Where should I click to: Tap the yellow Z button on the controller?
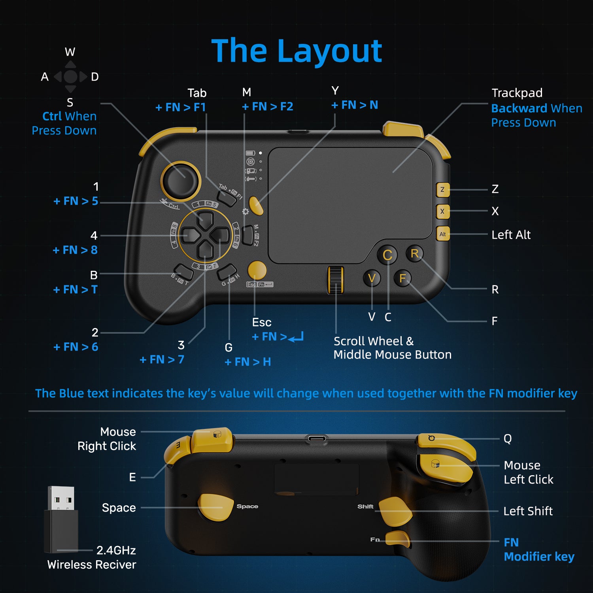[442, 190]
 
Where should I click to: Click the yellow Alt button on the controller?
[442, 234]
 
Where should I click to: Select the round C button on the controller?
[387, 255]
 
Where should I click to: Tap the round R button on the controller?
[414, 253]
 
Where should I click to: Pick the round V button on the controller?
[372, 278]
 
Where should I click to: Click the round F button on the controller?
[402, 278]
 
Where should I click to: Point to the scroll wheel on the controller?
[336, 280]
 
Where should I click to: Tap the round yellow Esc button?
[257, 270]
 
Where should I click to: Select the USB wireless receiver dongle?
[61, 520]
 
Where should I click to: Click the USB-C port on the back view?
[317, 439]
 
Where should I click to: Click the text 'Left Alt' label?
[511, 235]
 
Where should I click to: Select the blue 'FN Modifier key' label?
[538, 550]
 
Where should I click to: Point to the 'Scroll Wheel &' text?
[373, 341]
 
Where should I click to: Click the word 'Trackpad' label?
[517, 93]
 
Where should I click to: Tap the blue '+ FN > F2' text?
[268, 107]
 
